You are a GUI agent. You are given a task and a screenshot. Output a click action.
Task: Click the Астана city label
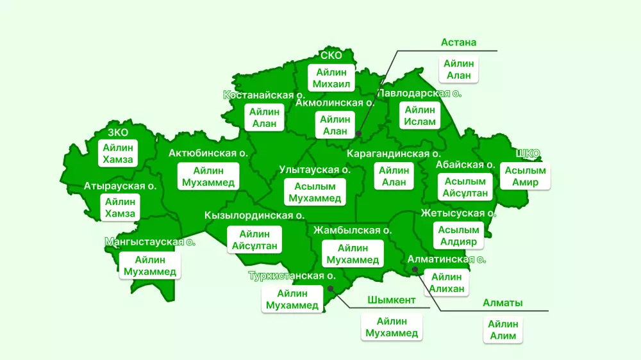click(458, 42)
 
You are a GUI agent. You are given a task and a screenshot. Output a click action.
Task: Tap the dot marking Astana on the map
click(358, 134)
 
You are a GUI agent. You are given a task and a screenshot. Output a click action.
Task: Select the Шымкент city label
click(391, 300)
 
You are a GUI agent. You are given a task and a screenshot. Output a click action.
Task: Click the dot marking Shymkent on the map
click(330, 288)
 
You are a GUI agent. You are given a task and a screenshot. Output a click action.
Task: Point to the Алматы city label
click(503, 303)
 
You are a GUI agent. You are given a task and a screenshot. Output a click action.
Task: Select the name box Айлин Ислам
click(420, 116)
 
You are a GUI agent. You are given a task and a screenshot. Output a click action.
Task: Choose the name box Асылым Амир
click(525, 176)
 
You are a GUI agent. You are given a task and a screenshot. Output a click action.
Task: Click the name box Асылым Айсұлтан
click(465, 187)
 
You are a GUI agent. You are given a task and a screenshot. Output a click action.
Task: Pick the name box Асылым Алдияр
click(458, 236)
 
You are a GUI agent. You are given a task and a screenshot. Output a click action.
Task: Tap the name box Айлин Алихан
click(446, 282)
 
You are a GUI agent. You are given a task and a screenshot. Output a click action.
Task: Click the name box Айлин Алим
click(503, 330)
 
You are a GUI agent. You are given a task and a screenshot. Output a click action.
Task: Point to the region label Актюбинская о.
click(208, 153)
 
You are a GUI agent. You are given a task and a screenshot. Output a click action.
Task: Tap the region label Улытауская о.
click(315, 170)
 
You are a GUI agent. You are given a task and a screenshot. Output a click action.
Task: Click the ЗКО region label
click(118, 133)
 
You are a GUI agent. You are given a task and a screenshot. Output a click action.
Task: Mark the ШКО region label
click(529, 153)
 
